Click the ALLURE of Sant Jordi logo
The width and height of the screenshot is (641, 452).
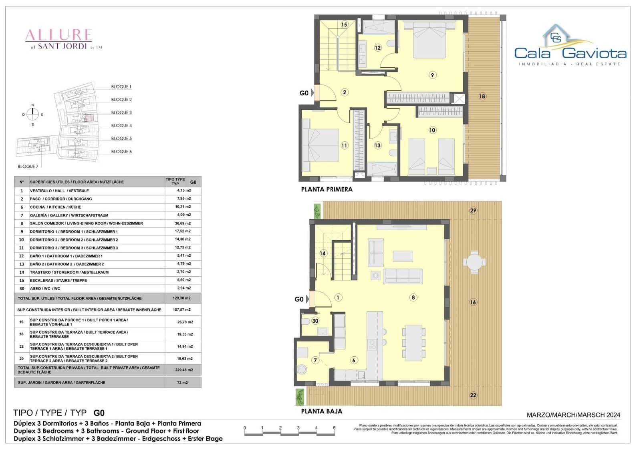59,39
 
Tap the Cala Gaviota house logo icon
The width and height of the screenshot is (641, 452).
556,35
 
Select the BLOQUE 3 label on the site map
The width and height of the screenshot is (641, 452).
121,112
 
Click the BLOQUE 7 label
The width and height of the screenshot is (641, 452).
28,167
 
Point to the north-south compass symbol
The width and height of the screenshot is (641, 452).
32,115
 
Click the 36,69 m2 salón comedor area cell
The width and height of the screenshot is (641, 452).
183,223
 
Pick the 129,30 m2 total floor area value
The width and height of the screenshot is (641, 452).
183,298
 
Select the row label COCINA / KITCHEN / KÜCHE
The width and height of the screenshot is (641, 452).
55,207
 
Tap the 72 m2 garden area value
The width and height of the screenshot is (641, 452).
183,383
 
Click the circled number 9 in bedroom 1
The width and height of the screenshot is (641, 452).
432,75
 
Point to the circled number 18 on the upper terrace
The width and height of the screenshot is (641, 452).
482,96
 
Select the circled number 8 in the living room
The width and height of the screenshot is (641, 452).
413,297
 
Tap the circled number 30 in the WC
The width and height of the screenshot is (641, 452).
315,321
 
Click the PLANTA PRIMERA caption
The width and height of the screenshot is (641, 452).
327,189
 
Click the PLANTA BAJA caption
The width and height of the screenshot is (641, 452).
321,411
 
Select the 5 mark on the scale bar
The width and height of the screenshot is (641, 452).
334,428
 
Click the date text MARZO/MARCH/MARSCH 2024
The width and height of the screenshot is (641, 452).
573,415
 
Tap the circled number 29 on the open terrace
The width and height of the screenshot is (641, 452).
473,211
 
